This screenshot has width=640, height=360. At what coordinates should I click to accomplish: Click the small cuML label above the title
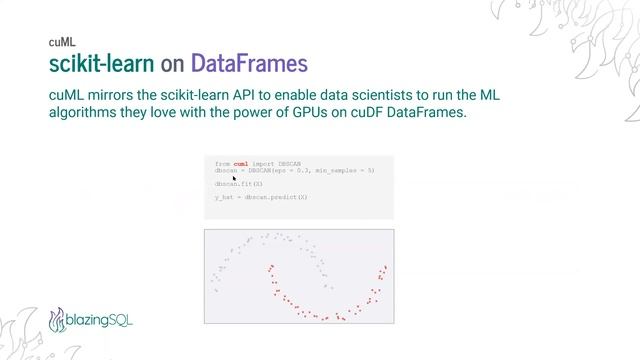click(61, 43)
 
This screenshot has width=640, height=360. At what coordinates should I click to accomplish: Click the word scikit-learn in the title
click(102, 65)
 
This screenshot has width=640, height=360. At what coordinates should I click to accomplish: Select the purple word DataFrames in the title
click(249, 65)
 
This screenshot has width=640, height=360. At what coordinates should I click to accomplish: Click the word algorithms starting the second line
click(87, 114)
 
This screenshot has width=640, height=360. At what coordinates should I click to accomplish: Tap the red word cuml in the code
click(240, 163)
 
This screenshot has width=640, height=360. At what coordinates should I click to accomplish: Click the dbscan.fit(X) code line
click(238, 184)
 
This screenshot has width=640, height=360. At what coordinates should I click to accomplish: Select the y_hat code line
click(261, 198)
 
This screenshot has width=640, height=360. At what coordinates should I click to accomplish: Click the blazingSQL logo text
click(101, 321)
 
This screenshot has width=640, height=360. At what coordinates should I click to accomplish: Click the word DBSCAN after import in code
click(285, 163)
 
